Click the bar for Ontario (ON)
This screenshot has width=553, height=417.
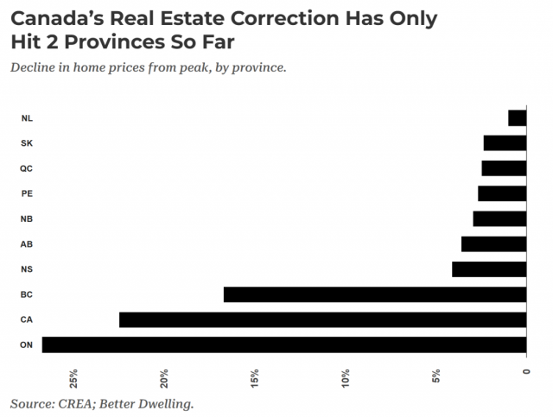pos(284,344)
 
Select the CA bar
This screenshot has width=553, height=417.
pos(322,319)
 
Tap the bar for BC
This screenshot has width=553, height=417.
pos(375,294)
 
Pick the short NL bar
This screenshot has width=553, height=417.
pos(518,118)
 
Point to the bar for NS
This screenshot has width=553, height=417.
pos(489,269)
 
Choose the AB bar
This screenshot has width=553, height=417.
pos(493,244)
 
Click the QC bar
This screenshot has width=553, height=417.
pos(504,168)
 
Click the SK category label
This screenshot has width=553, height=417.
pos(27,143)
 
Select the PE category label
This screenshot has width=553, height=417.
pos(27,193)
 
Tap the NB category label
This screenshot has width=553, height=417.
pos(27,219)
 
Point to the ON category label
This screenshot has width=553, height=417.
pos(27,344)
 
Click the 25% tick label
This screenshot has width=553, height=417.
pos(73,378)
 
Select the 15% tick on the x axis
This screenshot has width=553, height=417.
pos(255,378)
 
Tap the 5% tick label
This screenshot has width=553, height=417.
pos(436,376)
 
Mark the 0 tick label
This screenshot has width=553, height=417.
pos(526,371)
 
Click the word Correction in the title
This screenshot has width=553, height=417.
pos(284,18)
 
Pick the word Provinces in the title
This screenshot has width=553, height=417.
pos(115,42)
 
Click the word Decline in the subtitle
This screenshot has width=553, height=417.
pos(33,67)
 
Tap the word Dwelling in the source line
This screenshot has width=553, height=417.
pos(166,404)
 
